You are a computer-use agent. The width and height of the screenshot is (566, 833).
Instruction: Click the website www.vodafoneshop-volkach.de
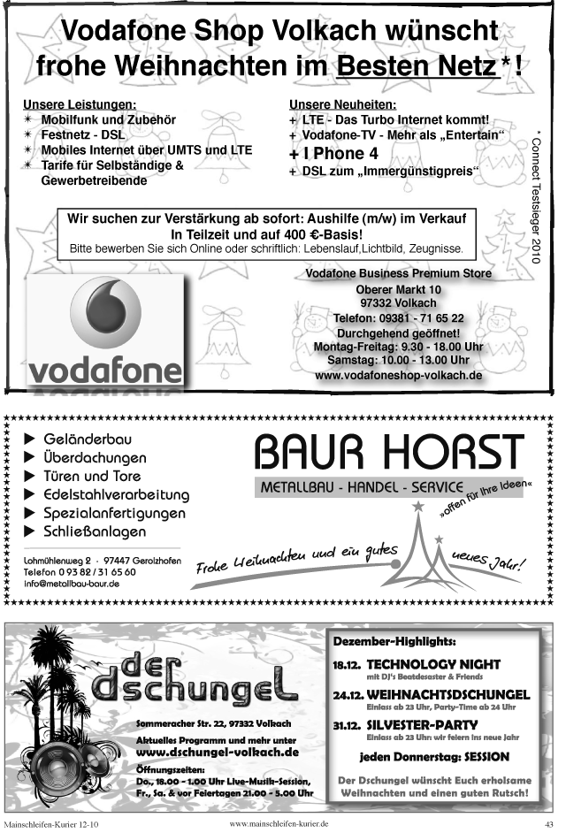pos(398,375)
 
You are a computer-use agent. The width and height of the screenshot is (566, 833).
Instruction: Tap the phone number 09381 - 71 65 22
pos(398,318)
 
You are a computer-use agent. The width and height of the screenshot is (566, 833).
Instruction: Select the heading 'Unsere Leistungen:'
pos(80,104)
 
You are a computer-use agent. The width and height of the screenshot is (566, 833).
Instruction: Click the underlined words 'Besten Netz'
pos(416,65)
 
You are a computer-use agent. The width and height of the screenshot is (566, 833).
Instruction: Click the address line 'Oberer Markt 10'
pos(398,290)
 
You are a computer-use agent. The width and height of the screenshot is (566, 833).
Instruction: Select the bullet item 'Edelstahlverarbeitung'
pos(115,494)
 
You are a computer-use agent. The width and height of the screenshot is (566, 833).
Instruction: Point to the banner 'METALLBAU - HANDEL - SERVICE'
pos(362,487)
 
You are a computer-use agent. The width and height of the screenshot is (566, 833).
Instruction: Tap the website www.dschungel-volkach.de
pos(217,752)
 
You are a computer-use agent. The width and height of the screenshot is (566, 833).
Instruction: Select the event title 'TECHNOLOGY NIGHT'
pos(433,664)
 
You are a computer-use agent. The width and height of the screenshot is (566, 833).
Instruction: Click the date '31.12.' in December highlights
pos(345,725)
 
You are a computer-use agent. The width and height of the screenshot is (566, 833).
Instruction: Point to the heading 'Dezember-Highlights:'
pos(394,639)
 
